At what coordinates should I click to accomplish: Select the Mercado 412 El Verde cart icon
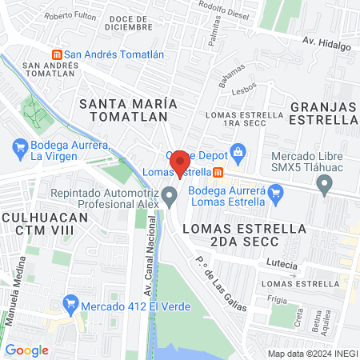tap(70, 304)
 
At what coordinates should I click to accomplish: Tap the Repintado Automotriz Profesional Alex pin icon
tap(169, 196)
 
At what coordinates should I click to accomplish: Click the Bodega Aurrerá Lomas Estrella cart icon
tap(277, 192)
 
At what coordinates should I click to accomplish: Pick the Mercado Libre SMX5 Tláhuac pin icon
tap(325, 186)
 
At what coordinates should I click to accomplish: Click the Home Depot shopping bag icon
tap(237, 153)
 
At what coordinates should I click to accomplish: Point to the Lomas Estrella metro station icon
tap(218, 171)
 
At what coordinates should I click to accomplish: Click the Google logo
tap(27, 350)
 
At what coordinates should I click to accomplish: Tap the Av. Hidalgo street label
tap(326, 45)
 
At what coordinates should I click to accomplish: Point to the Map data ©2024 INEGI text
tap(310, 353)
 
